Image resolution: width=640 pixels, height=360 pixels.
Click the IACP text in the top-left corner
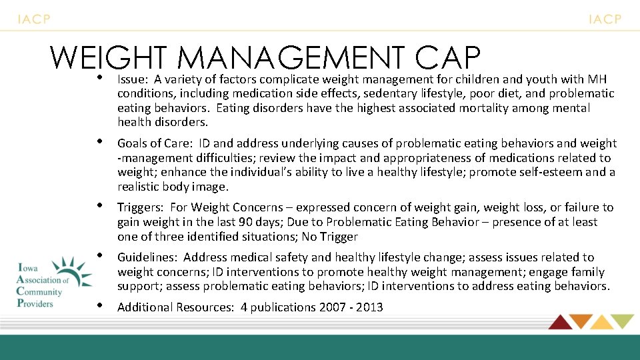pyautogui.click(x=33, y=19)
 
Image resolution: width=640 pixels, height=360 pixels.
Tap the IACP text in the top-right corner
pyautogui.click(x=605, y=19)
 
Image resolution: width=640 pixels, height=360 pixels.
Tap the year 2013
pyautogui.click(x=369, y=307)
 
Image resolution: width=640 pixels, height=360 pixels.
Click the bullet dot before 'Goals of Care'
pyautogui.click(x=99, y=142)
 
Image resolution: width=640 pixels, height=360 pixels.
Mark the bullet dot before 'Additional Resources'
pyautogui.click(x=99, y=306)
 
